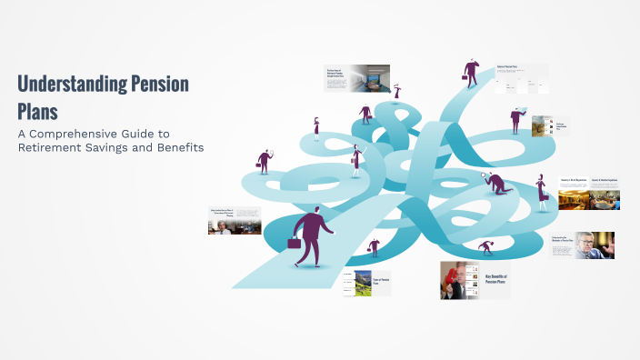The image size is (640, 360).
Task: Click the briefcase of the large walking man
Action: (295, 243)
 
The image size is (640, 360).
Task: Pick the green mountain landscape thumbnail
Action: (364, 282)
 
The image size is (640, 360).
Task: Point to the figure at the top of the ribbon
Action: (471, 71)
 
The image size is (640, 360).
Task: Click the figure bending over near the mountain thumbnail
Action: (374, 247)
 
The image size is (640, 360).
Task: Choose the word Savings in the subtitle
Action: (114, 146)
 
